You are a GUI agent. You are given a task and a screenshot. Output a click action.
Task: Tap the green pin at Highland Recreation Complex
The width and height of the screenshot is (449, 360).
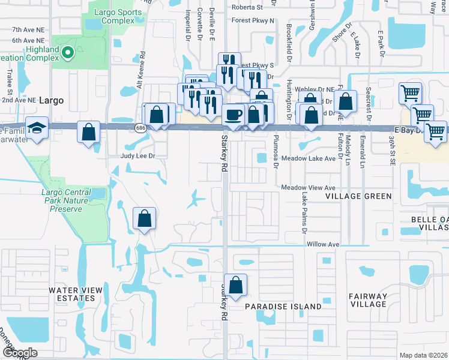pos(67,53)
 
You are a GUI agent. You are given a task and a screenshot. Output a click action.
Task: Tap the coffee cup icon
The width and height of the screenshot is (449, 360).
pos(233,114)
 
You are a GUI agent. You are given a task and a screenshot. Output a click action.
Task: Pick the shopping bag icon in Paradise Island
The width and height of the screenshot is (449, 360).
pos(237,286)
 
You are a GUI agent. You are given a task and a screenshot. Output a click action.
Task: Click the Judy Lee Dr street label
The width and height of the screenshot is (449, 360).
pos(138,155)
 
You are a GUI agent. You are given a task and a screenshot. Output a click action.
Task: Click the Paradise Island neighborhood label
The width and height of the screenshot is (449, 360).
pos(283,307)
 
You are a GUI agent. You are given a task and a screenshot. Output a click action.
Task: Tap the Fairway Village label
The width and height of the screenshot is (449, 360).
pos(369,300)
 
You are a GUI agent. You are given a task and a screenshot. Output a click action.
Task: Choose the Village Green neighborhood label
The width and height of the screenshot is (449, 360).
pos(358,196)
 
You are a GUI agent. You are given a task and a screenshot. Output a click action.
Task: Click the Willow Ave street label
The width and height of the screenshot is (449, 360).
pos(323,245)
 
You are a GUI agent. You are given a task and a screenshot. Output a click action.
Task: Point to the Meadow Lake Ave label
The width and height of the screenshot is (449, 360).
pos(309,159)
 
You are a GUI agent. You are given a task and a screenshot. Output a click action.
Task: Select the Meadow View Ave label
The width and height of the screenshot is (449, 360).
pos(309,187)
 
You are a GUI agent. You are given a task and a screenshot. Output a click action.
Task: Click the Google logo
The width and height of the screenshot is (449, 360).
pos(19,353)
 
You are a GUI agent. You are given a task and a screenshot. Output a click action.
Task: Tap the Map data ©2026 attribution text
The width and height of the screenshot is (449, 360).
pos(423,355)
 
